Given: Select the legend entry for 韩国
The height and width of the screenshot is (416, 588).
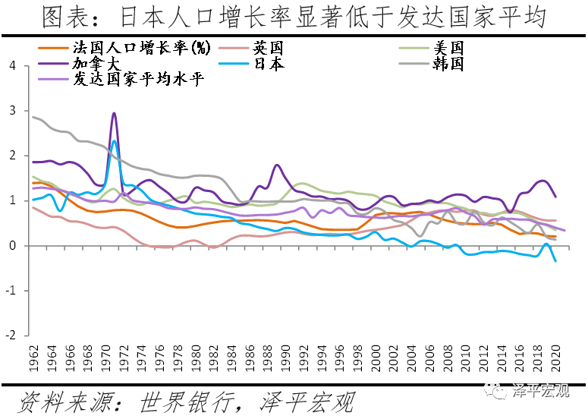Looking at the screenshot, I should coord(448,64).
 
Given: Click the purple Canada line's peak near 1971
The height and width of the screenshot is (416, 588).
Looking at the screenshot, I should coord(114,113).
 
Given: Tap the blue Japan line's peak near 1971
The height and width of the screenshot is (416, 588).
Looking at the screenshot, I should coord(115,141).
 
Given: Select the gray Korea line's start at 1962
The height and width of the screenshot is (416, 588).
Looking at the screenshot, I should coord(33,117).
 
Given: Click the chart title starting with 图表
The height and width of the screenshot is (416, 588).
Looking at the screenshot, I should coord(294,17).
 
